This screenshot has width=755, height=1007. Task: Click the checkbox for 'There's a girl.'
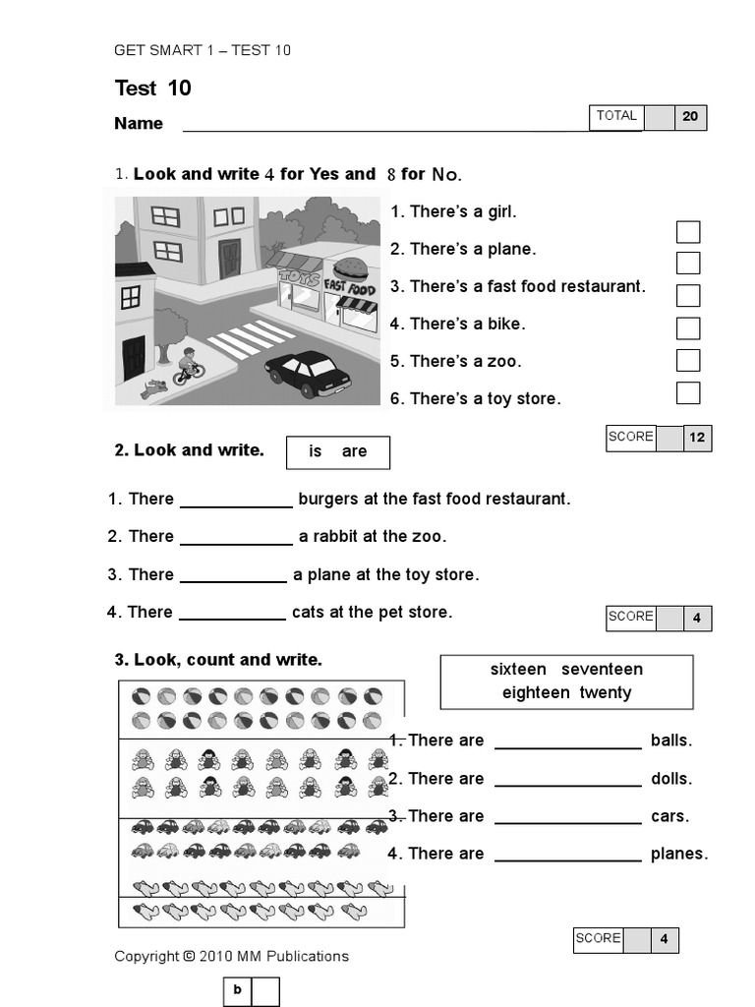(x=688, y=232)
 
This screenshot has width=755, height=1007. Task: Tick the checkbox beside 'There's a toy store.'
(x=688, y=392)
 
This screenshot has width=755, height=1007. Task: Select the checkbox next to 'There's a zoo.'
(x=688, y=360)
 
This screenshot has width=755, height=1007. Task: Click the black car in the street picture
(x=307, y=373)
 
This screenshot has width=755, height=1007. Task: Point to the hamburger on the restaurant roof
(x=350, y=269)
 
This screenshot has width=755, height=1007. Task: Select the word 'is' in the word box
(x=316, y=451)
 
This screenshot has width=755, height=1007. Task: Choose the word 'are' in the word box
(x=354, y=451)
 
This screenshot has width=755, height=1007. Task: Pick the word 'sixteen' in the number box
(x=518, y=670)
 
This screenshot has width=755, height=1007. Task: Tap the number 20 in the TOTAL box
(x=690, y=117)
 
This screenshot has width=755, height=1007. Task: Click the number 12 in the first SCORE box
(x=697, y=438)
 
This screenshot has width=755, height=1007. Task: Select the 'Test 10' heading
(x=152, y=89)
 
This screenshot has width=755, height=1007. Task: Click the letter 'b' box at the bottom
(x=237, y=990)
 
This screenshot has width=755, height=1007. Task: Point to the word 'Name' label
(x=139, y=124)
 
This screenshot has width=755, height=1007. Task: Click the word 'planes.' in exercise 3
(x=679, y=854)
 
